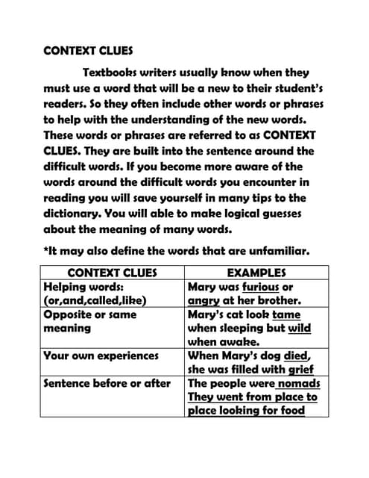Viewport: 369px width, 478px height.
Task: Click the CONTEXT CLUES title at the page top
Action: [x=88, y=52]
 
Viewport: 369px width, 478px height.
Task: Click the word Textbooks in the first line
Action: [x=114, y=72]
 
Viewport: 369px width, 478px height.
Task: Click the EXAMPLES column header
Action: [x=256, y=273]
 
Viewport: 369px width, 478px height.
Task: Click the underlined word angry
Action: [x=206, y=301]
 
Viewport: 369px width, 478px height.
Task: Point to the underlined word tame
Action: [x=287, y=314]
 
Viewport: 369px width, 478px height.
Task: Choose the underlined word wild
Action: [x=299, y=329]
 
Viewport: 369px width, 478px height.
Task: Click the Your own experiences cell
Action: [x=101, y=356]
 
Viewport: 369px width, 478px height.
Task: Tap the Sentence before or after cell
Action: [x=107, y=384]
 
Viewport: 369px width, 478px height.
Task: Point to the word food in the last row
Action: [x=288, y=411]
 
